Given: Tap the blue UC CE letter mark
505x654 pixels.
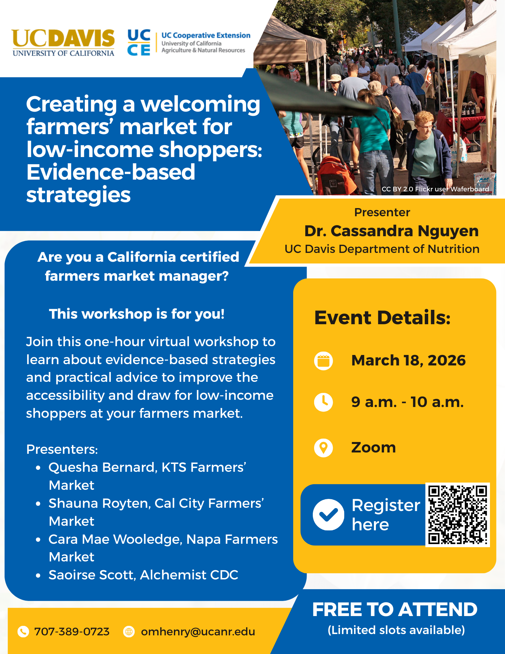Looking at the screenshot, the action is click(139, 43).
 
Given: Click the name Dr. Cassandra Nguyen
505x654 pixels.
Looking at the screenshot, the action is click(391, 231).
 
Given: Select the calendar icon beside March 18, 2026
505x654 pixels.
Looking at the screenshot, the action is click(324, 361).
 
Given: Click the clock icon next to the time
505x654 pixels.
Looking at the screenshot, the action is click(324, 402).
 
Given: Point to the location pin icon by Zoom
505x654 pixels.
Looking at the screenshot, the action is click(324, 448).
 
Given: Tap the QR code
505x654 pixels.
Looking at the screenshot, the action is click(458, 515).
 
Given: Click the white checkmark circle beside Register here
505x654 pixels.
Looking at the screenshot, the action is click(328, 515).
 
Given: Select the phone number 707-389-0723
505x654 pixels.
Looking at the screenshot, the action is click(72, 632).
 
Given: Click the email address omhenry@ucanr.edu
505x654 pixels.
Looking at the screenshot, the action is click(198, 632).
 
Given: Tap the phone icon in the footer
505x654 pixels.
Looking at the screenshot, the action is click(23, 632).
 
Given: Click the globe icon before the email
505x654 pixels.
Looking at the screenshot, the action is click(129, 632).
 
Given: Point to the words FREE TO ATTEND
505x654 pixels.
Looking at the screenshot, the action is click(395, 610).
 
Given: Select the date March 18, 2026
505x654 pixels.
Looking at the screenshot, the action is click(409, 361).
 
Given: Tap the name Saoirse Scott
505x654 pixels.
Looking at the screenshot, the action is click(91, 575).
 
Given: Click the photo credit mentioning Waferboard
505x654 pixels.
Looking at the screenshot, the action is click(435, 189).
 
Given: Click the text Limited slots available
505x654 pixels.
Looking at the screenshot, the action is click(396, 630).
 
